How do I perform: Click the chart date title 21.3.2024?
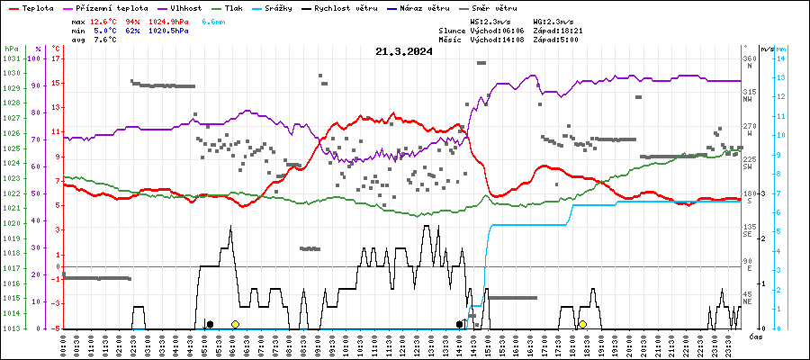pos(404,51)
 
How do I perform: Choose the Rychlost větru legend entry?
pos(356,7)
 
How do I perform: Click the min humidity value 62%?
pos(134,30)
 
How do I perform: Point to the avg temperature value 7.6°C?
pos(105,40)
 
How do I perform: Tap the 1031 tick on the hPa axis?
pos(11,58)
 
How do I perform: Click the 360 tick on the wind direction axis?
pos(749,58)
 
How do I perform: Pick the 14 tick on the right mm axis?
pos(782,58)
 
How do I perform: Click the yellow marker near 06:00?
pos(235,324)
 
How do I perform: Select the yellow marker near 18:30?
pos(582,324)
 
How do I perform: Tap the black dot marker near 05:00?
pos(210,324)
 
